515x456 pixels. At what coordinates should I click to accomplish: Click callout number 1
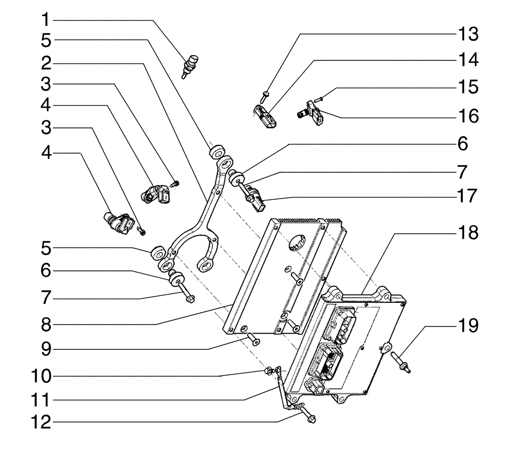pyautogui.click(x=46, y=20)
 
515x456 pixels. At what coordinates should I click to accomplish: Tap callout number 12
pyautogui.click(x=46, y=424)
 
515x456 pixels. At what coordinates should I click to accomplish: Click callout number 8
pyautogui.click(x=46, y=325)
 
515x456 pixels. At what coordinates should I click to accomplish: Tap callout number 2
pyautogui.click(x=46, y=63)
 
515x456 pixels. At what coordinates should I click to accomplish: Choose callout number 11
pyautogui.click(x=46, y=400)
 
